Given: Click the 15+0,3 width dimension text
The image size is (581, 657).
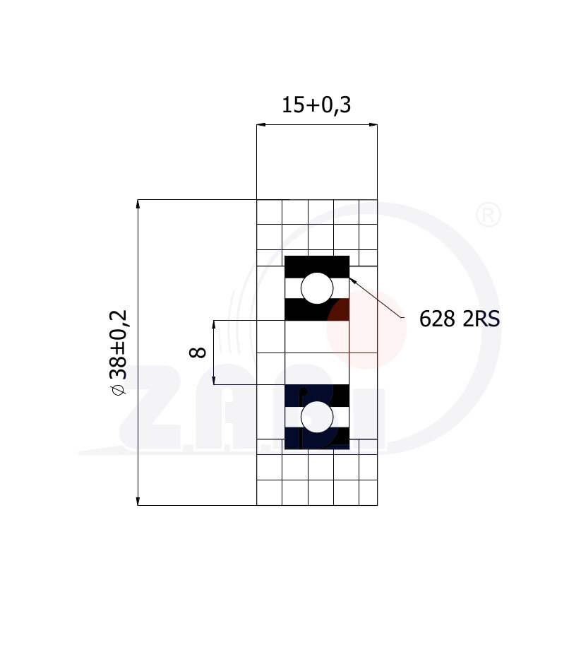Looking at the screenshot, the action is coord(316,105).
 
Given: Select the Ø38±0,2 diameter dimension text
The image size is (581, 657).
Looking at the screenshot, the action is coord(119,353).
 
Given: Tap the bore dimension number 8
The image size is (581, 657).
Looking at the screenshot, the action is coord(198,353).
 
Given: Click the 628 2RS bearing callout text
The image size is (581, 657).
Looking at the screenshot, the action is coord(459,319).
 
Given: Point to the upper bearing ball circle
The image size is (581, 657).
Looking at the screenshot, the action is coord(317,288).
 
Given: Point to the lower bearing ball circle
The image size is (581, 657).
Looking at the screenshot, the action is coord(317,417).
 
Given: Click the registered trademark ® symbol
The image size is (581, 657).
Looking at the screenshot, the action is coord(489,215).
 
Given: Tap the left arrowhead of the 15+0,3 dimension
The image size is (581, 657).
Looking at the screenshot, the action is coord(260,124).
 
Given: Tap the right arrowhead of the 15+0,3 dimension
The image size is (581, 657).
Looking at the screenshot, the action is coord(373,124).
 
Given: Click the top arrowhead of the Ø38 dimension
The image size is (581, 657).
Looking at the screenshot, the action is coord(138,203).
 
